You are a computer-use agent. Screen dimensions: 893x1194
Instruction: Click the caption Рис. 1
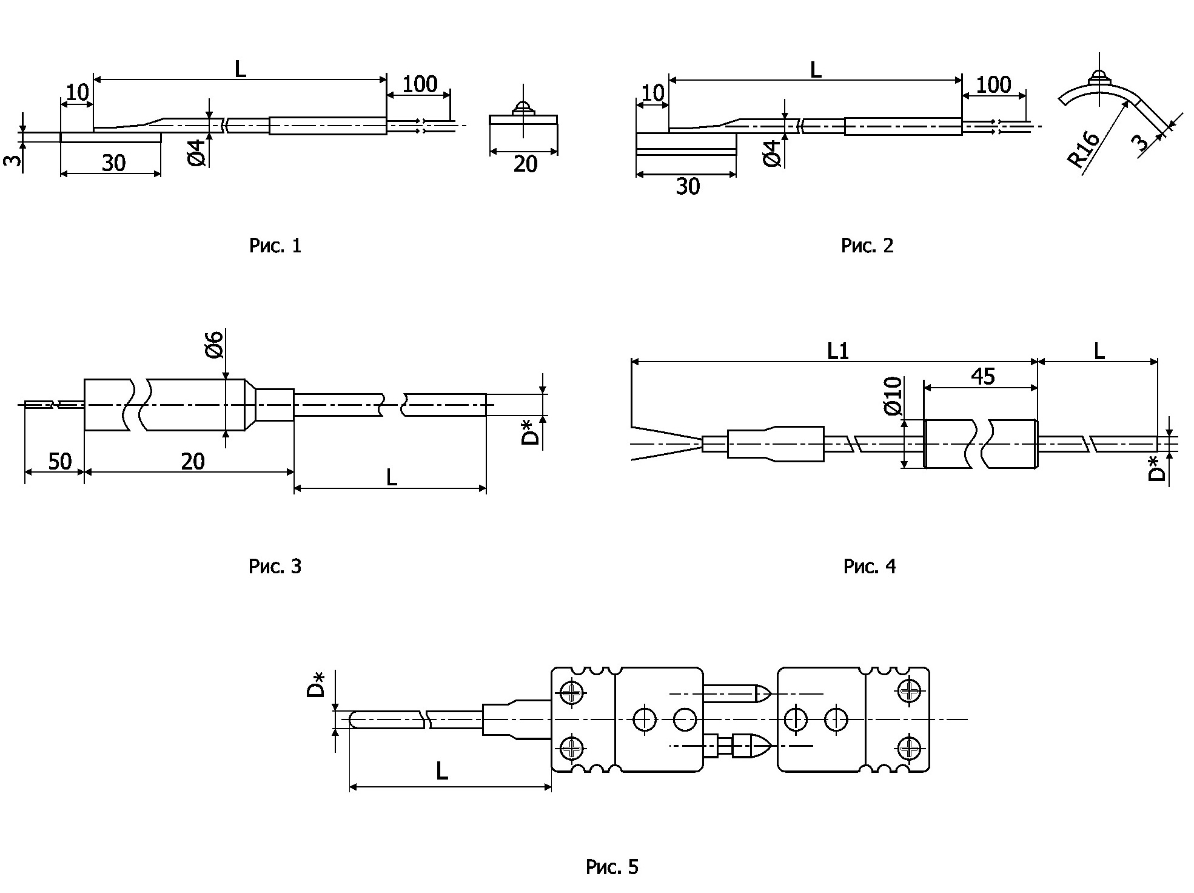coord(275,246)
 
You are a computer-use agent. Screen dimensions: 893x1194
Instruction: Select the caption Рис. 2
coord(867,246)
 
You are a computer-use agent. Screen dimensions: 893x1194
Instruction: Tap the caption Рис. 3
coord(275,567)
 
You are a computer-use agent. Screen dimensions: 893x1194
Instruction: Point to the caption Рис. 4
coord(869,567)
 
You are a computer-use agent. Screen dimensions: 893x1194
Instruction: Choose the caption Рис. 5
coord(612,867)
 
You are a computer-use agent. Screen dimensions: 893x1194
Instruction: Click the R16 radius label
coord(1084,149)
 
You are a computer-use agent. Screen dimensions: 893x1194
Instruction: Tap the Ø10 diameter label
coord(893,396)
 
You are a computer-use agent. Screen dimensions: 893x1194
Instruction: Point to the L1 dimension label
coord(838,351)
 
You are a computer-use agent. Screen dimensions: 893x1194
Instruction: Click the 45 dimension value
coord(982,377)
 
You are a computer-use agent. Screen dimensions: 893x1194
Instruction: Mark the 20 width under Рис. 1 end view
coord(525,164)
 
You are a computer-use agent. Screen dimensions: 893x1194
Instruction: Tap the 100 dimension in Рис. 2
coord(994,85)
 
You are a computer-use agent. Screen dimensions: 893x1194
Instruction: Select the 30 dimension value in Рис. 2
coord(688,187)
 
